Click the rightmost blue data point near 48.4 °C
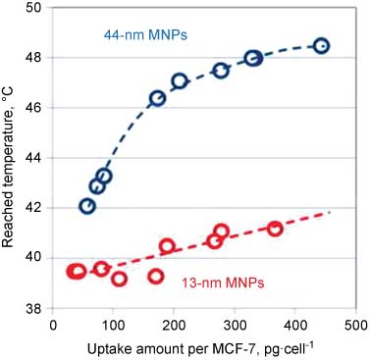(x=321, y=46)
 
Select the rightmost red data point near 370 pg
(x=275, y=229)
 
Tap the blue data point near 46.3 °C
(x=157, y=98)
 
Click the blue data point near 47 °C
(x=180, y=80)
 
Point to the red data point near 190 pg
(x=167, y=246)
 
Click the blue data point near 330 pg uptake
(x=253, y=58)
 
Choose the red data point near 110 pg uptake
(x=119, y=279)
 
